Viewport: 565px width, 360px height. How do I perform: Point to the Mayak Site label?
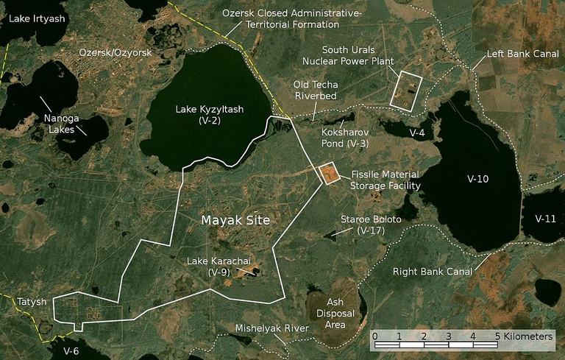(235, 220)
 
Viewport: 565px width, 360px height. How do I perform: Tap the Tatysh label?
(32, 302)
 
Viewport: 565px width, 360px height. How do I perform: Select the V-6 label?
(71, 350)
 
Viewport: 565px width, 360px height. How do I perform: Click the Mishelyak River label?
(270, 328)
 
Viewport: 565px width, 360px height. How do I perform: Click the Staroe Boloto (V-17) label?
(371, 225)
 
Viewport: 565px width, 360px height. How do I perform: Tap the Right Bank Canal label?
(433, 272)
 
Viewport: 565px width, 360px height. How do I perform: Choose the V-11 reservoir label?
(545, 219)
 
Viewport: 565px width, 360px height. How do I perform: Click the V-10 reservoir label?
(477, 179)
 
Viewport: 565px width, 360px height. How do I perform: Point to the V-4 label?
(417, 133)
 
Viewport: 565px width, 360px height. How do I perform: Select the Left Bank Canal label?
(523, 54)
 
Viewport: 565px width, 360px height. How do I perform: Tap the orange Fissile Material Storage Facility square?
(327, 174)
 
